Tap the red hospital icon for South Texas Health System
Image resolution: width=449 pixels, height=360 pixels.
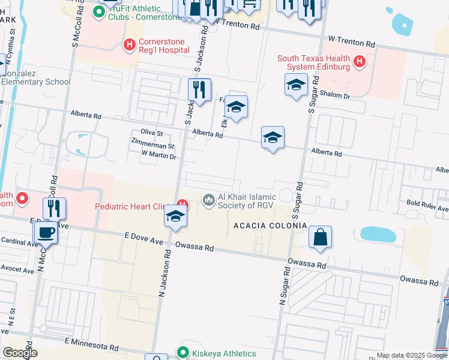pos(360,61)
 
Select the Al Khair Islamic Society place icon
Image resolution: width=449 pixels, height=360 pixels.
pos(209,198)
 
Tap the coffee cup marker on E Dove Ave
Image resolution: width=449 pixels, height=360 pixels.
pos(45,231)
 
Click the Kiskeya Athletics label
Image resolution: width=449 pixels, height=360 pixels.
pos(224,353)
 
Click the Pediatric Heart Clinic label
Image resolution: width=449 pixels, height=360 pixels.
pos(130,206)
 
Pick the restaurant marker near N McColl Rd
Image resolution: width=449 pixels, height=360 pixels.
pos(55,208)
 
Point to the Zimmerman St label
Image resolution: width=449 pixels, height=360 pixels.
pos(153,146)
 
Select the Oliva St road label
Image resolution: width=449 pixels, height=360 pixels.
pos(151,132)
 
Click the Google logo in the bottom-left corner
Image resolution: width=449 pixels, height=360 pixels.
pos(19,353)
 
